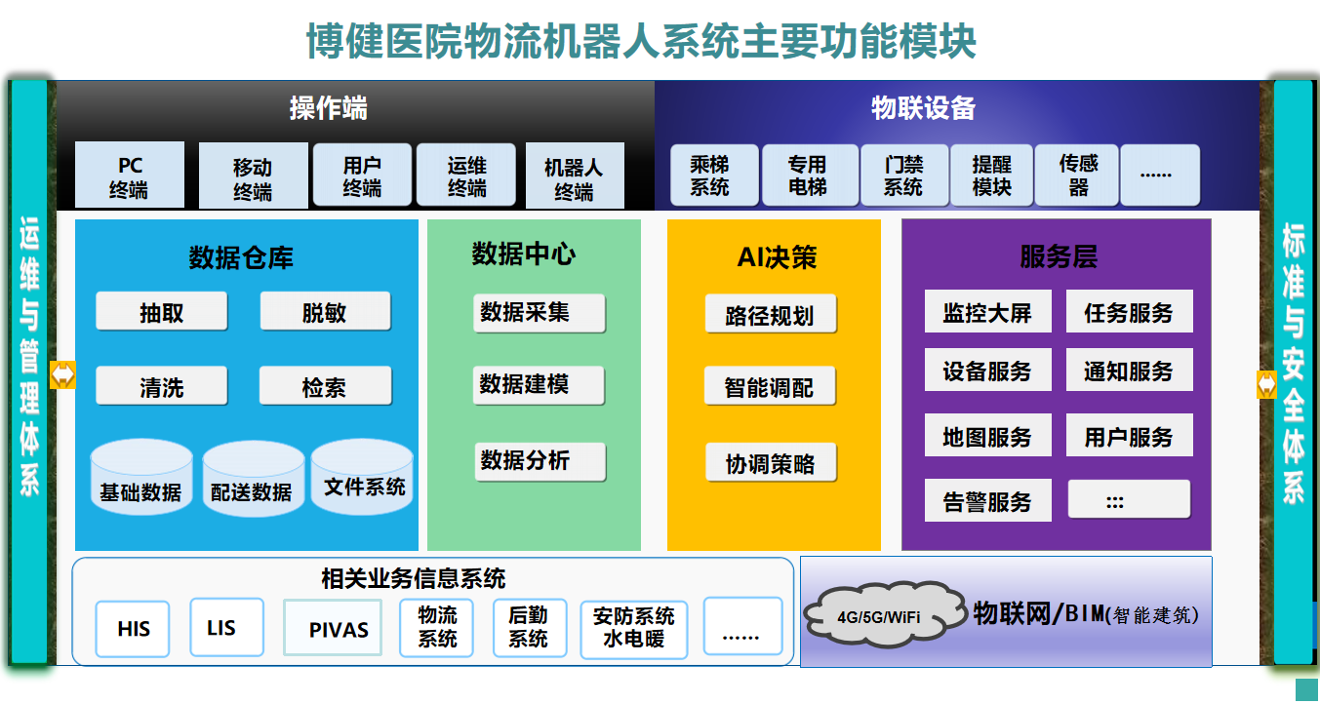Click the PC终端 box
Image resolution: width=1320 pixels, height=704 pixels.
click(130, 175)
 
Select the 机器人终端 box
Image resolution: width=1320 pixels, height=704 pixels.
click(575, 176)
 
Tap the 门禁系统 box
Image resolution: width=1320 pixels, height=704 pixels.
click(904, 175)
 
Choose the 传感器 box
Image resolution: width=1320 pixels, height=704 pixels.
click(1077, 175)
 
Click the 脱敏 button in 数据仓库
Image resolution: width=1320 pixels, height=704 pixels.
click(325, 311)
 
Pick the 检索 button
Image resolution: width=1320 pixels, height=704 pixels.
click(325, 385)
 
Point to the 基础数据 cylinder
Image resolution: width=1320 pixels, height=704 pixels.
click(141, 477)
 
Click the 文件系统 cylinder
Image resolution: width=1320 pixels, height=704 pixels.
click(362, 476)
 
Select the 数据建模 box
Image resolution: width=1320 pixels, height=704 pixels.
click(539, 385)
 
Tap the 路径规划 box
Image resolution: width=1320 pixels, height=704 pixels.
click(771, 313)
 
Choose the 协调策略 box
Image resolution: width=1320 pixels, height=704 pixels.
click(771, 462)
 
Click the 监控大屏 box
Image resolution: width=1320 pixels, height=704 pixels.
click(987, 311)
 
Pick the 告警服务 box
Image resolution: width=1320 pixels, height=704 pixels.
click(987, 500)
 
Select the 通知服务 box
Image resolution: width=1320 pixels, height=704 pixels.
click(1129, 370)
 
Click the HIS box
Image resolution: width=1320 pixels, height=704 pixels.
click(133, 629)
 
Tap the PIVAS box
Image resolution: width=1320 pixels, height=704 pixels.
click(333, 627)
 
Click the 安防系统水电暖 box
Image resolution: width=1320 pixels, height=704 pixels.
click(634, 629)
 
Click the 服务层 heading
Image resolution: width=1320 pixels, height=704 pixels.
click(1059, 256)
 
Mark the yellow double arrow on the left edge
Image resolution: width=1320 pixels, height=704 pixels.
click(63, 374)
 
